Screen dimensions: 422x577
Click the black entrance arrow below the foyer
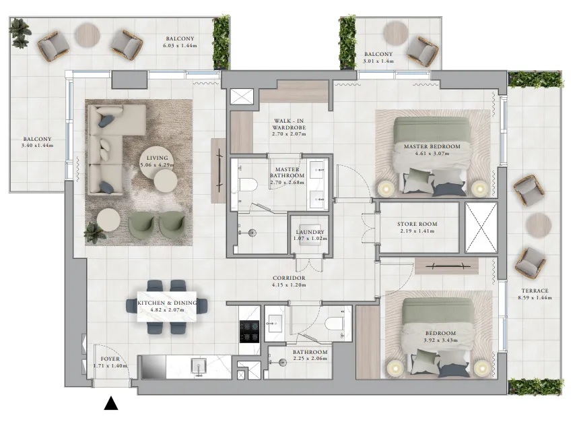111,404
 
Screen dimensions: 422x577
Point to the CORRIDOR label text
290,278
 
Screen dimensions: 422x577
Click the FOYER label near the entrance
110,359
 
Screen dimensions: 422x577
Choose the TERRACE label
533,291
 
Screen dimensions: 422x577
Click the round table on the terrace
538,224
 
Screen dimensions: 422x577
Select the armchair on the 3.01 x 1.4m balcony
422,51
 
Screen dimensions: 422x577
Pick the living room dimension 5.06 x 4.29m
157,164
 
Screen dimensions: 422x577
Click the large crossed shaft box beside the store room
481,227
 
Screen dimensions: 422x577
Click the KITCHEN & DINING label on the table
167,303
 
